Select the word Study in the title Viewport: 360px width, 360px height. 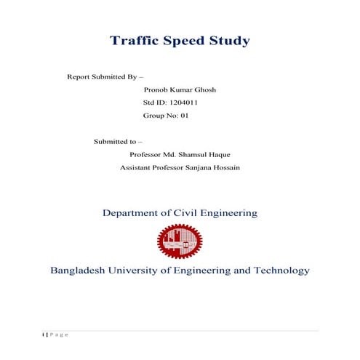[x=229, y=41]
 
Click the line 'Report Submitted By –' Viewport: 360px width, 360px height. [x=105, y=76]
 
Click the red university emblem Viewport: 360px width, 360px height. [x=180, y=242]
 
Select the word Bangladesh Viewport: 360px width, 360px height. [x=78, y=271]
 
